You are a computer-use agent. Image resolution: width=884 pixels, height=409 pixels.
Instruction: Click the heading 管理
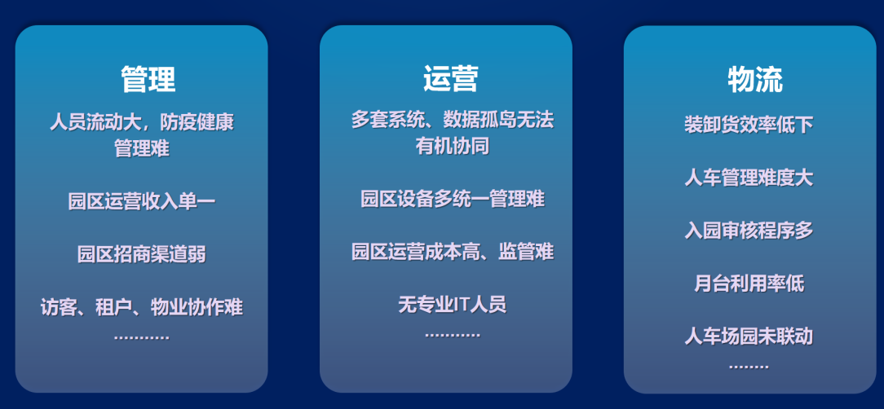[x=148, y=79]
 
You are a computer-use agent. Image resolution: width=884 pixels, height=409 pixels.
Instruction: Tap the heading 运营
[x=451, y=78]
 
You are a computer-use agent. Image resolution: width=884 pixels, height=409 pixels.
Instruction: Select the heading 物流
[x=755, y=79]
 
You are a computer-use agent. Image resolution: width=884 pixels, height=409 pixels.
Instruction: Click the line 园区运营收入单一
[x=142, y=201]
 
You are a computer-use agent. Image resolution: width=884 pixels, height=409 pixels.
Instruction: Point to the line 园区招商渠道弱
[x=142, y=254]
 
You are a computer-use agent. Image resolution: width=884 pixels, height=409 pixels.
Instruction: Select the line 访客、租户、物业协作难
[x=142, y=307]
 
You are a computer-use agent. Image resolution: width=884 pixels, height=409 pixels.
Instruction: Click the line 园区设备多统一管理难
[x=453, y=199]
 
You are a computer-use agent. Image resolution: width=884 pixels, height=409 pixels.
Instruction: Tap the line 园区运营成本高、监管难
[x=453, y=251]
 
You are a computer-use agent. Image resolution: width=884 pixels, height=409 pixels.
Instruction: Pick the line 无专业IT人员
[x=453, y=305]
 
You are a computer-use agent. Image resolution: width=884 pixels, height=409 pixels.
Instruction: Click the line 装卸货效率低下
[x=749, y=125]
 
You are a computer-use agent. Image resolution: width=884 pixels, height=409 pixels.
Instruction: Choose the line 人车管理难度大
[x=749, y=178]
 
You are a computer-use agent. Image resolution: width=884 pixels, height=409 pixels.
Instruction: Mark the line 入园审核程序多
[x=749, y=231]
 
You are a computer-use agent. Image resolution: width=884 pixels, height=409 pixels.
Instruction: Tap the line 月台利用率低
[x=749, y=284]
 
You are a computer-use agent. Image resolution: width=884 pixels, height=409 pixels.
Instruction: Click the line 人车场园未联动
[x=749, y=336]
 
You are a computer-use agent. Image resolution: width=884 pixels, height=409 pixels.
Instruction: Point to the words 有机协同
[x=453, y=147]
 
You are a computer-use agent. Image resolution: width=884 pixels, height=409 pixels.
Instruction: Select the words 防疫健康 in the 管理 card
[x=197, y=122]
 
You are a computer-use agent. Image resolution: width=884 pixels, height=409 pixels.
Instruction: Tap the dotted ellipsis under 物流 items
[x=749, y=367]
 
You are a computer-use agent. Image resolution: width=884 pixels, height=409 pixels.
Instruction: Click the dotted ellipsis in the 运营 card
[x=453, y=335]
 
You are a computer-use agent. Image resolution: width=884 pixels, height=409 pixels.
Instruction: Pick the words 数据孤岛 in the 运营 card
[x=480, y=120]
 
